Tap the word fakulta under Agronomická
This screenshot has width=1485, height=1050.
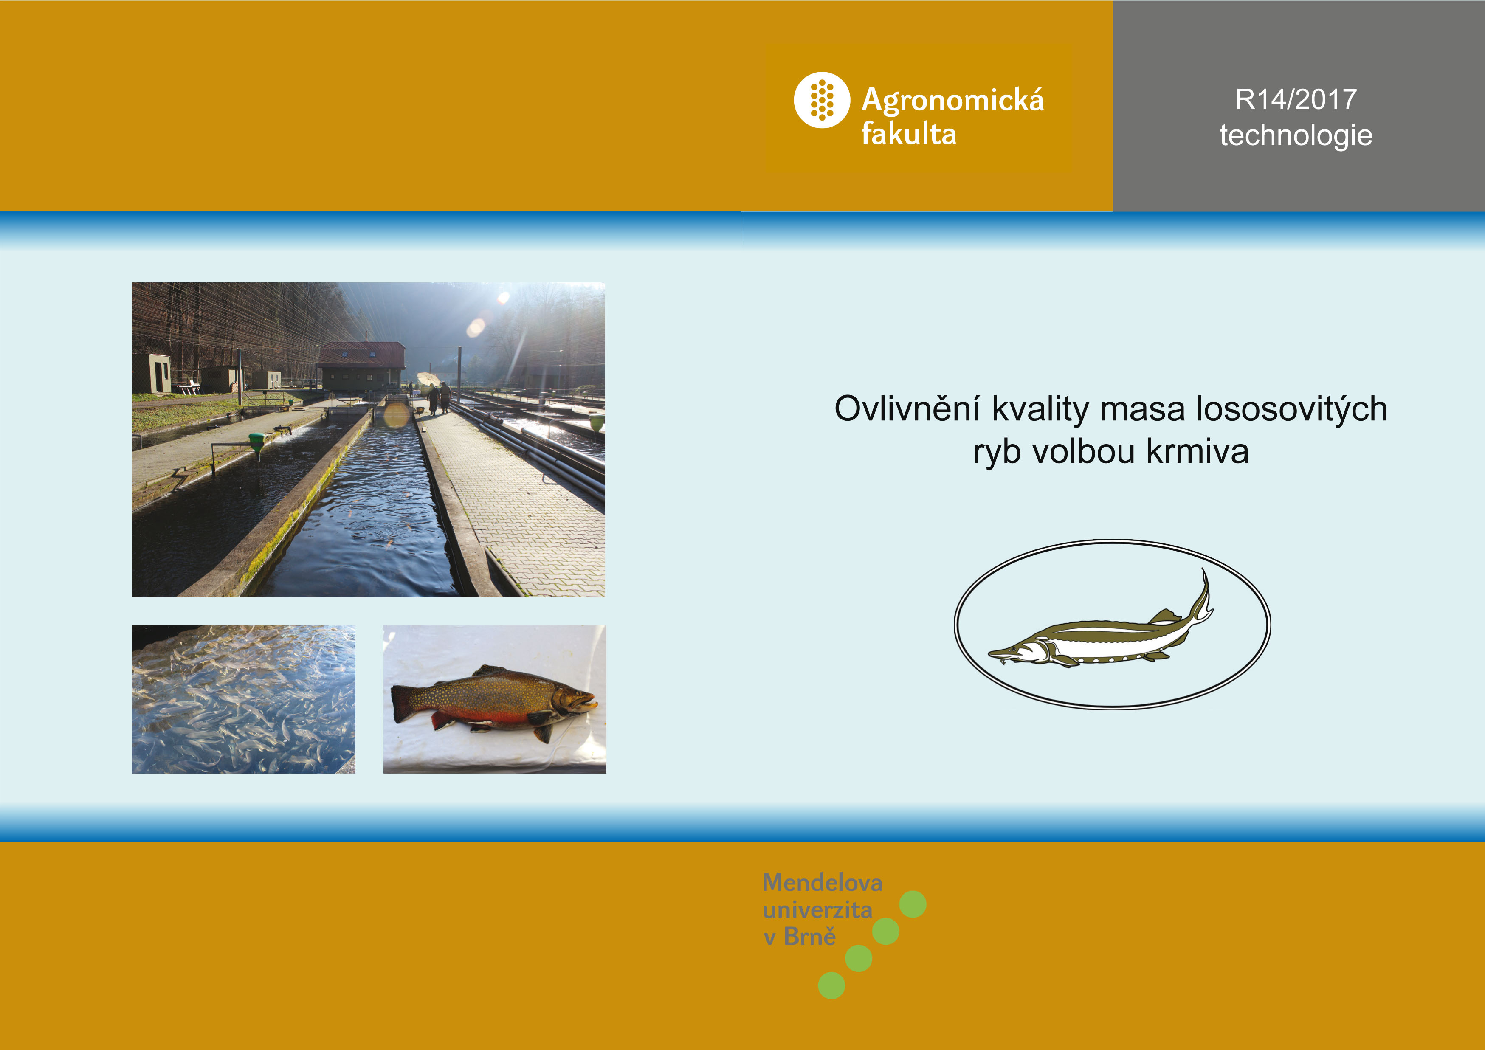pyautogui.click(x=909, y=134)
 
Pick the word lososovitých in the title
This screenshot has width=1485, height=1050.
pyautogui.click(x=1292, y=410)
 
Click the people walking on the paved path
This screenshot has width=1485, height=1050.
pyautogui.click(x=439, y=398)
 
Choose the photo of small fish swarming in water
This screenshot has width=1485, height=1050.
pyautogui.click(x=244, y=699)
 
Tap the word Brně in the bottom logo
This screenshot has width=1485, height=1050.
pyautogui.click(x=810, y=936)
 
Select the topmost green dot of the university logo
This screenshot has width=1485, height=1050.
pyautogui.click(x=913, y=904)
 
